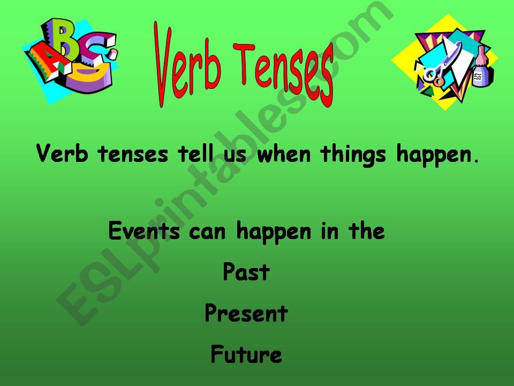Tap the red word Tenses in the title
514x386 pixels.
coord(284,73)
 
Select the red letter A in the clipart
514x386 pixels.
coord(43,62)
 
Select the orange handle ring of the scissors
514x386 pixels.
coord(439,80)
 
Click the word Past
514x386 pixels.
coord(246,273)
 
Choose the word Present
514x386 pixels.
coord(246,314)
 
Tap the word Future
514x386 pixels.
coord(246,354)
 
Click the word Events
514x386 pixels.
coord(141,232)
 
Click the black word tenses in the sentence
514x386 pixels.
coord(134,155)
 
